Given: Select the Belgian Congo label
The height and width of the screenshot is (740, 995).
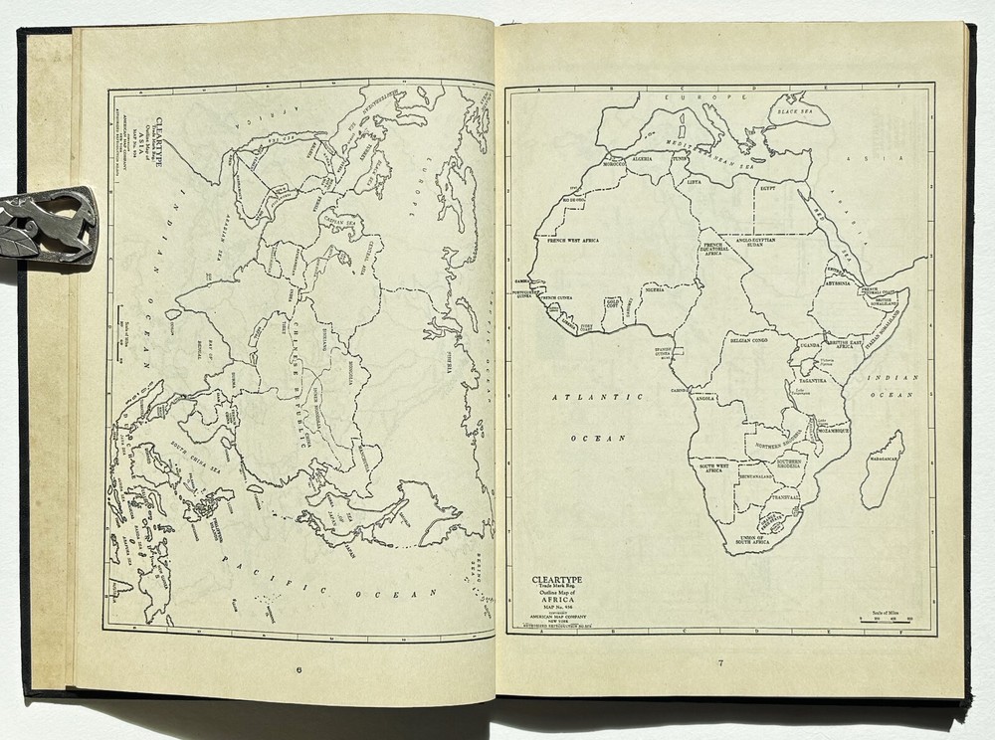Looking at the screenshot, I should point(753,339).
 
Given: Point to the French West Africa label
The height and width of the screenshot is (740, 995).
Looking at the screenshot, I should point(574,239).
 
